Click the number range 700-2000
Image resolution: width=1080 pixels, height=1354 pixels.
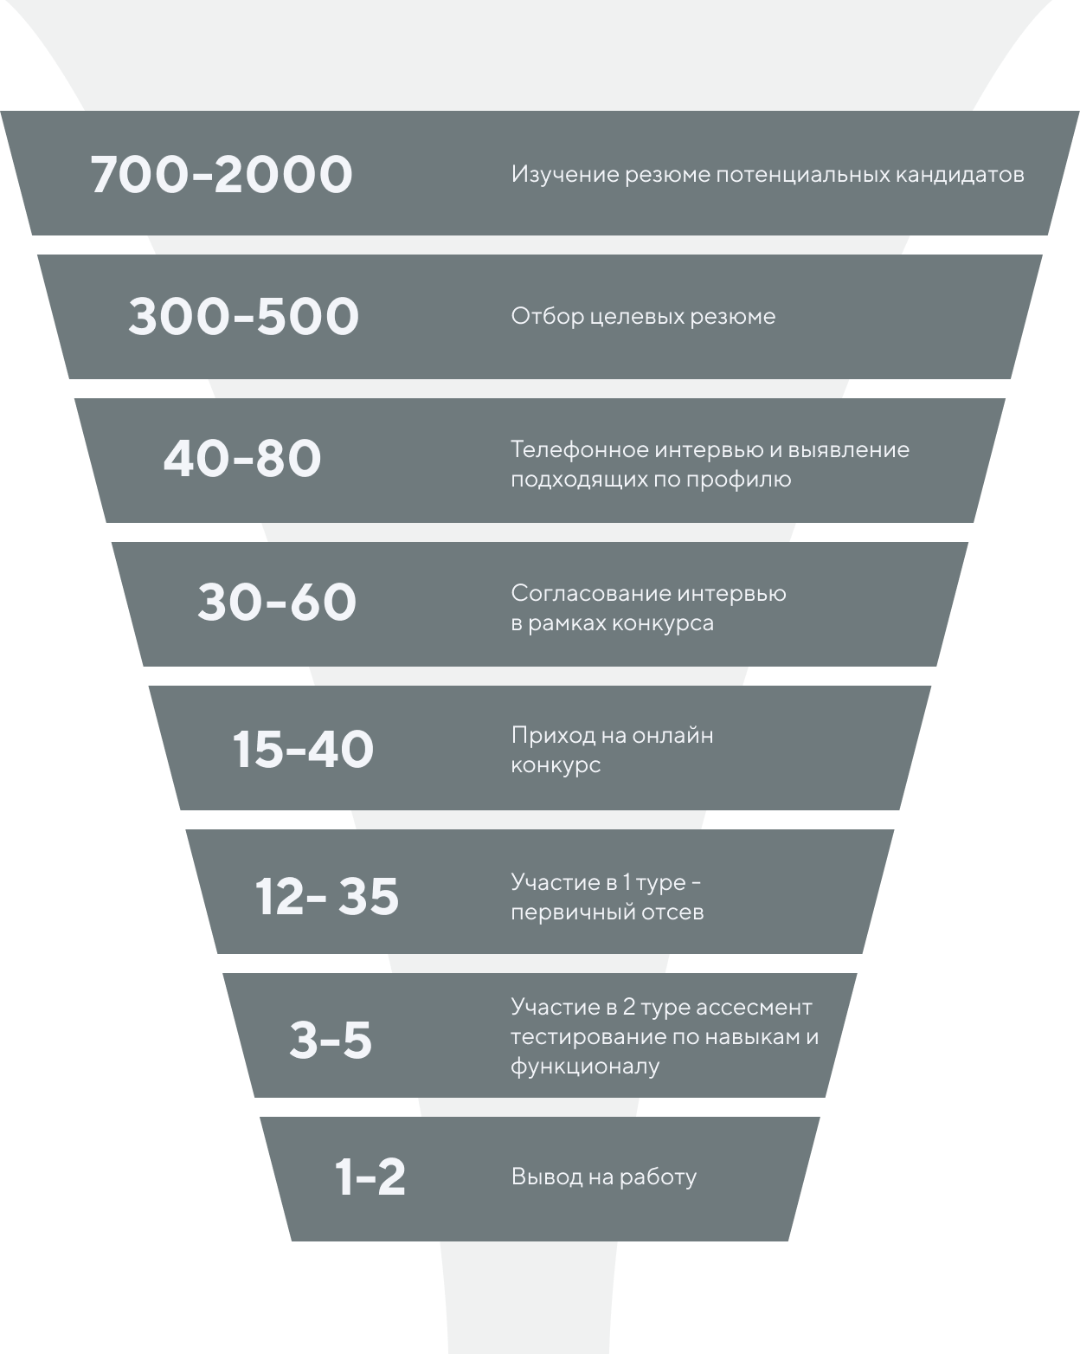[222, 175]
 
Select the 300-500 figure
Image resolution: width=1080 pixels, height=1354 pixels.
[243, 316]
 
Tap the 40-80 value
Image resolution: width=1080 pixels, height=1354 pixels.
[242, 459]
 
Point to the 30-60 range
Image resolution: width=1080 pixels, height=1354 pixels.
[277, 603]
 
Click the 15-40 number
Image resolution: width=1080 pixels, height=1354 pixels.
[303, 750]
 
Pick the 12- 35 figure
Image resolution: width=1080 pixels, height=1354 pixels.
[327, 896]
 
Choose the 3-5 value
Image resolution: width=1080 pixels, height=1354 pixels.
[331, 1040]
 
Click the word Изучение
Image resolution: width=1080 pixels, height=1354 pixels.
[565, 175]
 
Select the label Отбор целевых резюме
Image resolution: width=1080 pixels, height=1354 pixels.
[643, 317]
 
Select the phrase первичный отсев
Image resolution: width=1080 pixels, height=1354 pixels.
[607, 912]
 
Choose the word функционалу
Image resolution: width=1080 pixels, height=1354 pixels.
[585, 1066]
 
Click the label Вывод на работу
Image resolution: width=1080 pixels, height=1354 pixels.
[603, 1177]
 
